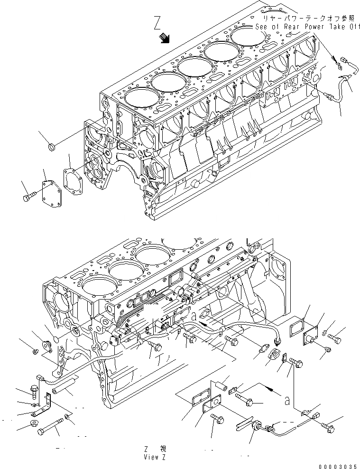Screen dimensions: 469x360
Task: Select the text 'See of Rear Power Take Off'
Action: tap(307, 27)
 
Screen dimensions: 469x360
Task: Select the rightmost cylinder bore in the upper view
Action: tap(249, 35)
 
